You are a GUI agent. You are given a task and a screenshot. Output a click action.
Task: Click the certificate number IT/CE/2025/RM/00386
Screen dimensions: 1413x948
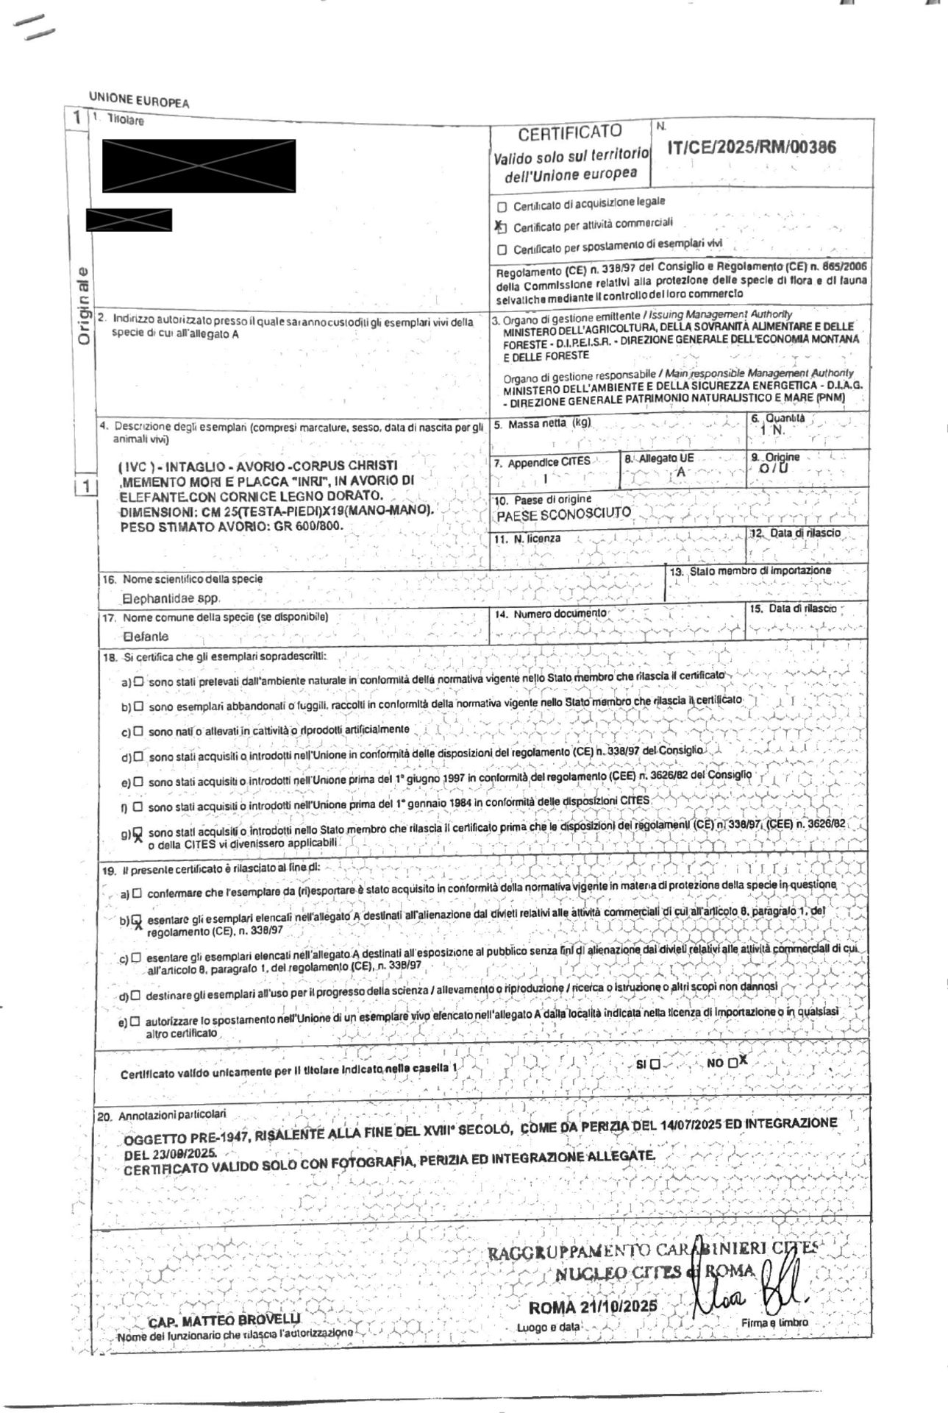coord(751,146)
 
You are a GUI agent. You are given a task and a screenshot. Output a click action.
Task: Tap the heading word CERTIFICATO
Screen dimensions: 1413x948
coord(570,133)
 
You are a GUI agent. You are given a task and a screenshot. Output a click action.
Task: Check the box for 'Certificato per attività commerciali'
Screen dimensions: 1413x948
coord(502,227)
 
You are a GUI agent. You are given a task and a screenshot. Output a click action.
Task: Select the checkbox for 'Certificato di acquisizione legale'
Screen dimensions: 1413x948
coord(502,205)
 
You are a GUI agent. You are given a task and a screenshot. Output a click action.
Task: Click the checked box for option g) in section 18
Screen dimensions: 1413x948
coord(136,832)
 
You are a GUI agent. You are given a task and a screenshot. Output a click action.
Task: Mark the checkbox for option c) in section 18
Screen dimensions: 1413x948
coord(138,732)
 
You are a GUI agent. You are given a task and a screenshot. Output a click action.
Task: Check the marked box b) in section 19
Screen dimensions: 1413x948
coord(135,920)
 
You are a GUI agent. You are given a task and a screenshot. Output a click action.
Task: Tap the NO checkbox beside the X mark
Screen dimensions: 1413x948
coord(733,1063)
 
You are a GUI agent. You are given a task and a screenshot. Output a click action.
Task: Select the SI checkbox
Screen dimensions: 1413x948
coord(655,1064)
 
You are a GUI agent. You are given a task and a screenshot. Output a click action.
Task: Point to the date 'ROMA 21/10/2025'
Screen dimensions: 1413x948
coord(592,1307)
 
